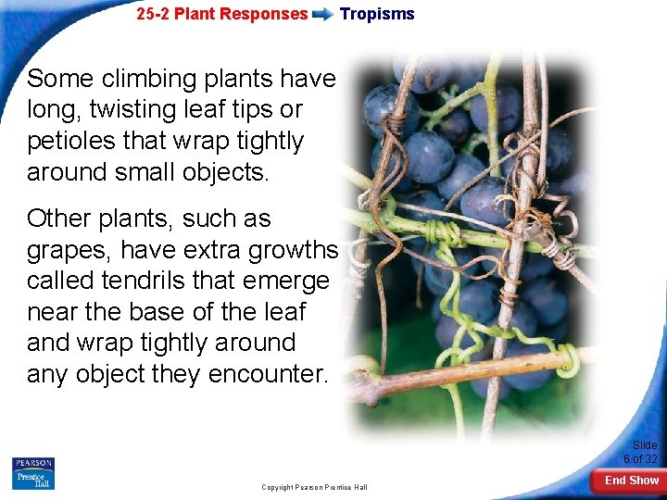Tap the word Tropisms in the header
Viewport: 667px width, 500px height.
(x=377, y=14)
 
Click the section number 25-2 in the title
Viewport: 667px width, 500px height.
(x=153, y=14)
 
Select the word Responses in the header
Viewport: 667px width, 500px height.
(x=268, y=14)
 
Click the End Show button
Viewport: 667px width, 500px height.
(x=631, y=481)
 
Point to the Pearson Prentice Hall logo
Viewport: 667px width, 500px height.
(x=33, y=473)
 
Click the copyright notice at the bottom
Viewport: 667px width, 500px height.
(x=314, y=487)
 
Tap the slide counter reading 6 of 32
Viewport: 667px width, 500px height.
(x=640, y=458)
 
